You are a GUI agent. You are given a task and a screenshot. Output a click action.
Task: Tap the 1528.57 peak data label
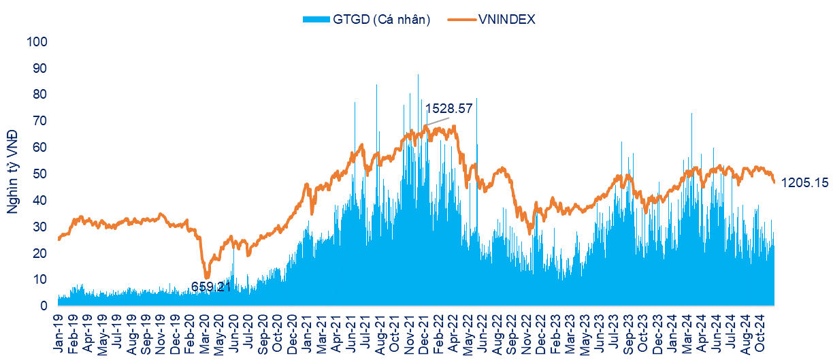point(448,108)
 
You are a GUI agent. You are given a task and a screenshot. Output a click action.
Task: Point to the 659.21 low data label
point(211,287)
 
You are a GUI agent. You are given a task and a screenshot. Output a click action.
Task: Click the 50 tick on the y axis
point(40,174)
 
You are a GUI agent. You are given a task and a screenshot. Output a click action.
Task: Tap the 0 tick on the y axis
point(44,306)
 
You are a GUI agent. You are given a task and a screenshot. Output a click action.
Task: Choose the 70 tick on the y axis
point(40,121)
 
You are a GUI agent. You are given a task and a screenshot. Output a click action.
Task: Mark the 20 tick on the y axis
point(40,253)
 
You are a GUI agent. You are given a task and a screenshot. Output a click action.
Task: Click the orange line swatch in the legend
point(457,20)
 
